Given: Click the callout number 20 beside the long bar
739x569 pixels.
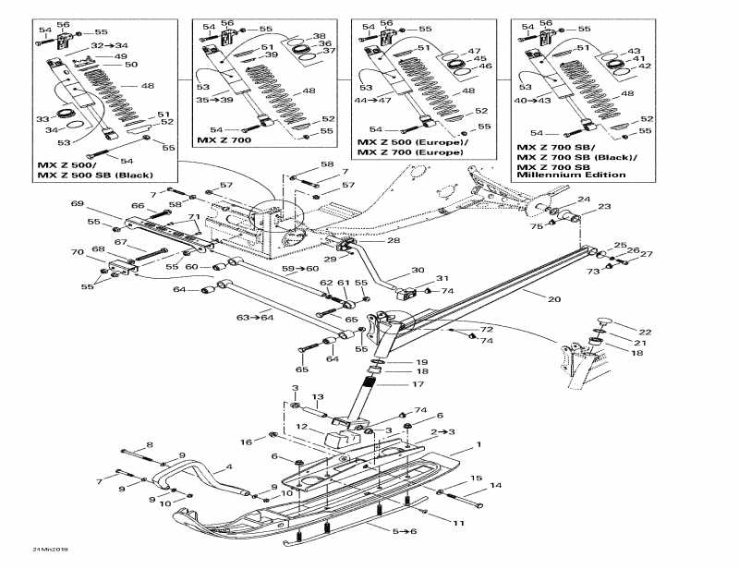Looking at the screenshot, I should pyautogui.click(x=554, y=298).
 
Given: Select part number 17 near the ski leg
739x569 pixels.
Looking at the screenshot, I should pyautogui.click(x=418, y=383).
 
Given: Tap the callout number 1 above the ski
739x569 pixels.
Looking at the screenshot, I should pyautogui.click(x=479, y=445).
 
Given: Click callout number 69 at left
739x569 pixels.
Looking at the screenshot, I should pyautogui.click(x=77, y=204).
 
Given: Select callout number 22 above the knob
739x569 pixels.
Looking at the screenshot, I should pyautogui.click(x=646, y=331).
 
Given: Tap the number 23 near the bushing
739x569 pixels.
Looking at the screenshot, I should pyautogui.click(x=604, y=207).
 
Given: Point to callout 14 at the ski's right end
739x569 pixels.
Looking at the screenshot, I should pyautogui.click(x=496, y=485).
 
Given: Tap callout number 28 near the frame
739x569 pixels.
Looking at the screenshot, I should pyautogui.click(x=394, y=240).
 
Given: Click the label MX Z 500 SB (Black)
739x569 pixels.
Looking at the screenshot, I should pyautogui.click(x=95, y=175).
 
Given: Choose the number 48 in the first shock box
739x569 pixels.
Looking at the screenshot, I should pyautogui.click(x=148, y=86).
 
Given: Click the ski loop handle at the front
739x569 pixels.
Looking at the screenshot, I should pyautogui.click(x=171, y=473).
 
